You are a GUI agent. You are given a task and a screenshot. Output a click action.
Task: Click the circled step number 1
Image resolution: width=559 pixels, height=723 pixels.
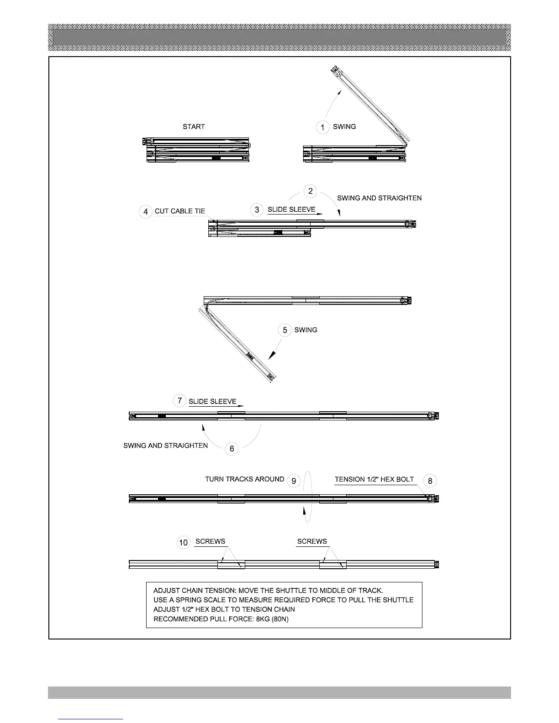(x=323, y=127)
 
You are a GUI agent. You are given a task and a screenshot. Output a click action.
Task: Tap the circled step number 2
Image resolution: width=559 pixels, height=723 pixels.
(x=311, y=191)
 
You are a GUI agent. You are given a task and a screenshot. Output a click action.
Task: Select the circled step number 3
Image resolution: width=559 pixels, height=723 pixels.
(x=257, y=210)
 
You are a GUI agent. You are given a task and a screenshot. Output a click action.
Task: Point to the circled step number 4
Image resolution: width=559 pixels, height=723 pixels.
(x=146, y=212)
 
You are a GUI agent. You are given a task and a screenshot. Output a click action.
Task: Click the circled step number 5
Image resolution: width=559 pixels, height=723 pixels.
(x=285, y=330)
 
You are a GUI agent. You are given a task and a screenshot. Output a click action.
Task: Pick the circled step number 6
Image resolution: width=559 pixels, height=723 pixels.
(x=232, y=449)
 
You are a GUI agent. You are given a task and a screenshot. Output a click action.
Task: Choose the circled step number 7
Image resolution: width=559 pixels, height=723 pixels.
(x=179, y=401)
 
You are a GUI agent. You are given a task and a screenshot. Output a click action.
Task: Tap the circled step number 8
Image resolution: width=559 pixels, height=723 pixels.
(x=430, y=481)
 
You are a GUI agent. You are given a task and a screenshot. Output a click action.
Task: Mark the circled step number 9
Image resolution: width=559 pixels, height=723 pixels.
(x=294, y=481)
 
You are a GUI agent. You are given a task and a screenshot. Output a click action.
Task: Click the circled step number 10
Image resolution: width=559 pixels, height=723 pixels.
(x=183, y=542)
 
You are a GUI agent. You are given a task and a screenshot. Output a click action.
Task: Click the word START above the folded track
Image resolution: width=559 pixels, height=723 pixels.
(x=194, y=126)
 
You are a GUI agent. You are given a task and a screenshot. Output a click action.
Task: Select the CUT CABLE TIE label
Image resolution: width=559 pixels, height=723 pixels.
(x=180, y=211)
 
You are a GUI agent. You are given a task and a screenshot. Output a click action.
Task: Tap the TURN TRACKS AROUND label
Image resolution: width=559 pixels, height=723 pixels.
(x=244, y=479)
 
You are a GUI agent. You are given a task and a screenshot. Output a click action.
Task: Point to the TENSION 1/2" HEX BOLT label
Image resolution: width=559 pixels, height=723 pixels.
(x=374, y=480)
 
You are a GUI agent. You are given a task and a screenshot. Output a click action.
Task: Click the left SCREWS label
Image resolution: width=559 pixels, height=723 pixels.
(x=210, y=541)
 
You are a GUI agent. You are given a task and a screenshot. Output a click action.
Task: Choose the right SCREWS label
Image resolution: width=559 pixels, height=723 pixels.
(x=312, y=541)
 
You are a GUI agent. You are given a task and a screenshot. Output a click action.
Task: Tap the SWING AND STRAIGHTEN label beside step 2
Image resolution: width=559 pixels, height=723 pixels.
(x=379, y=198)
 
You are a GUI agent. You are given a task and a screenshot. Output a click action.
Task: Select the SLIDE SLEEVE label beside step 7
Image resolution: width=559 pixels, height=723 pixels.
(x=212, y=402)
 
